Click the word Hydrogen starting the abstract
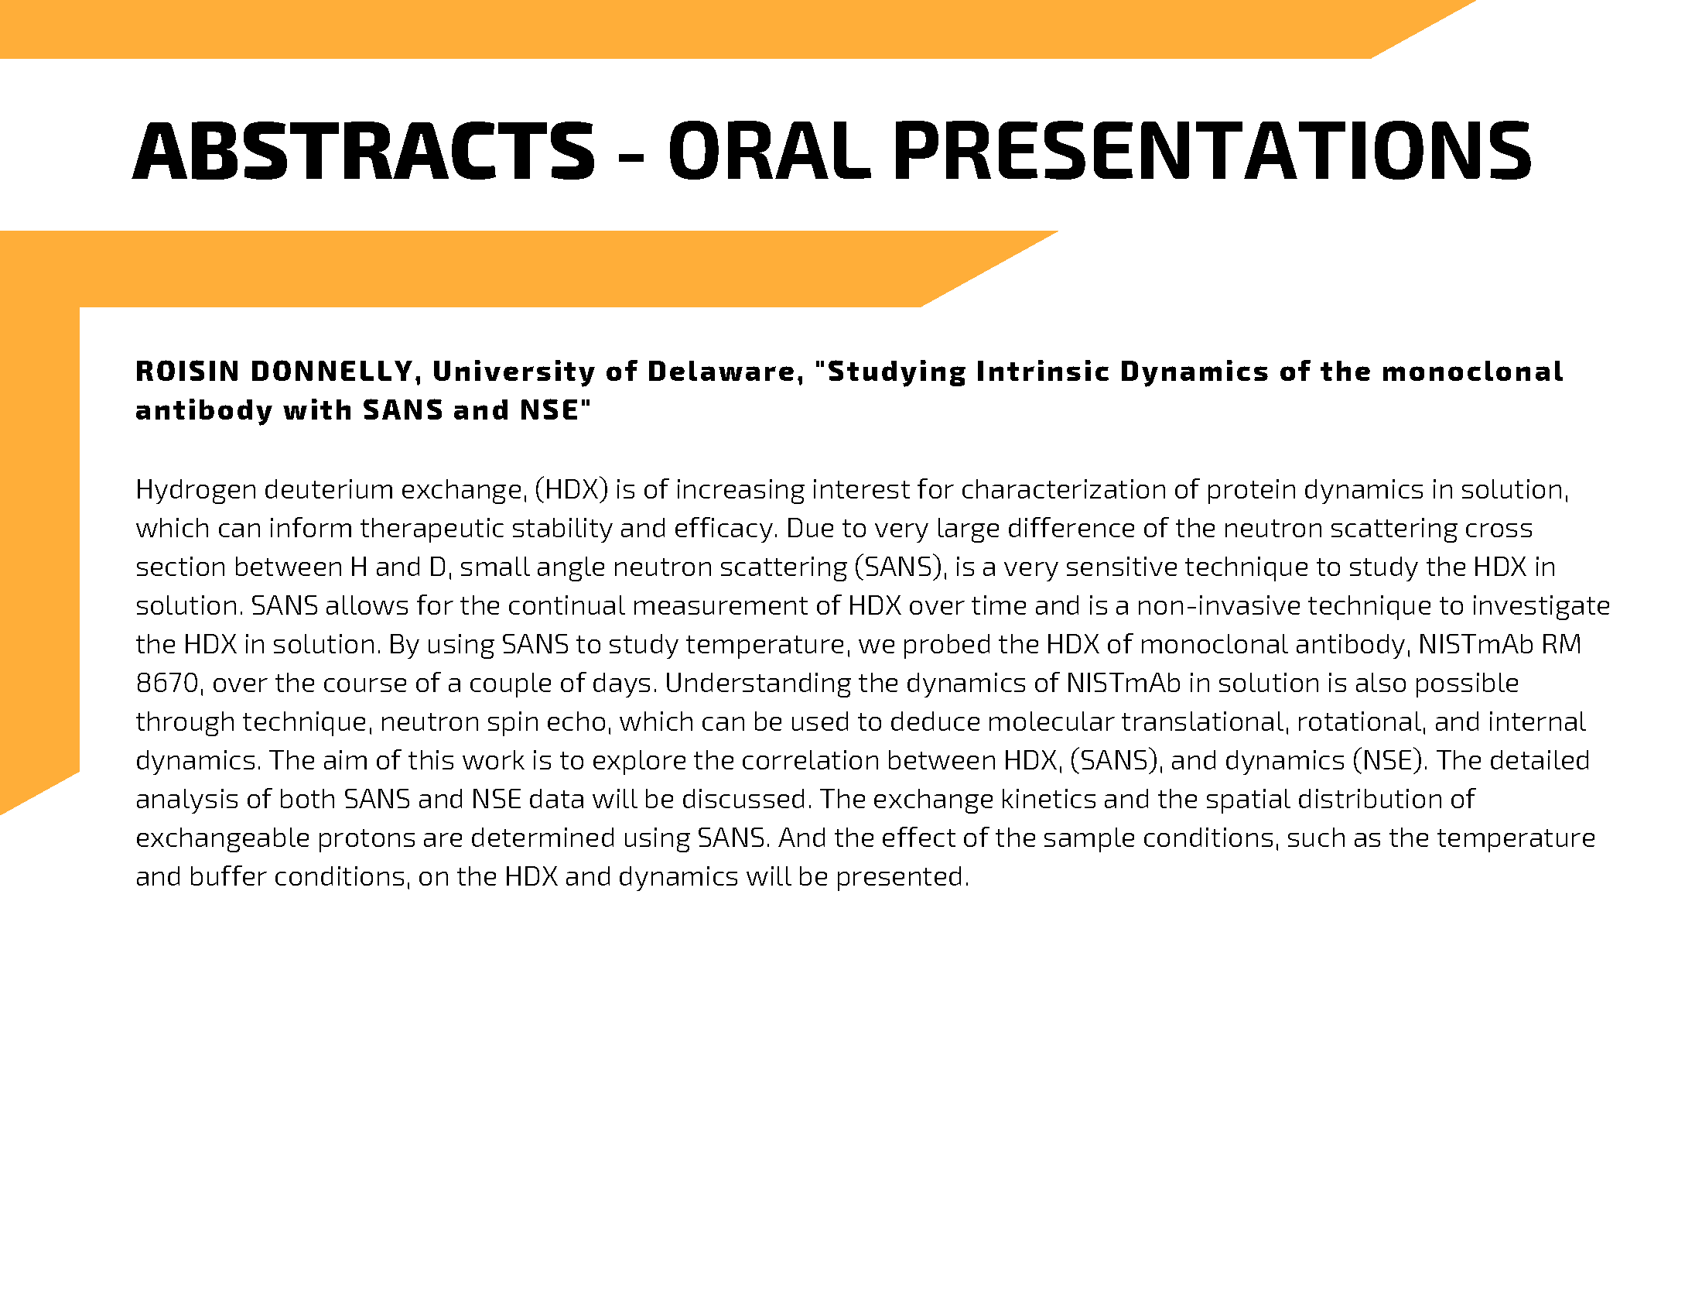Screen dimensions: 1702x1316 [196, 490]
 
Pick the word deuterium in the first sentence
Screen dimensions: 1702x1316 [329, 488]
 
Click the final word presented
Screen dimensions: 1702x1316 [902, 878]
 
